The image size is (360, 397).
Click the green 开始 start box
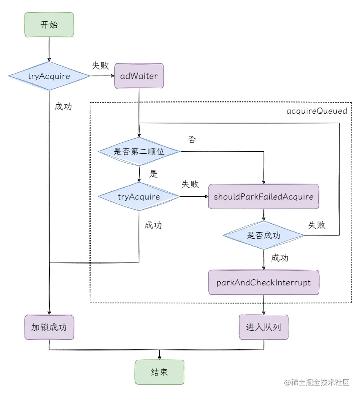(49, 25)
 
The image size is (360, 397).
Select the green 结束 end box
(159, 372)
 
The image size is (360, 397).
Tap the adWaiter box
(139, 76)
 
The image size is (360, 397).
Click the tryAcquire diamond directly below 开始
(49, 76)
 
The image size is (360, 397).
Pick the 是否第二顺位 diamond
(139, 152)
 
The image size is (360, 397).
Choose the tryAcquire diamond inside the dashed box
(139, 197)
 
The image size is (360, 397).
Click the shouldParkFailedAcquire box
(264, 197)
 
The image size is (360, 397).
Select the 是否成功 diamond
(264, 236)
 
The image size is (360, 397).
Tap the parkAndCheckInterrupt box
(264, 283)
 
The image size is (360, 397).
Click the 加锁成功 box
(49, 327)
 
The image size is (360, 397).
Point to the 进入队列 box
(264, 327)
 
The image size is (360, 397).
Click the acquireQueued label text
(317, 111)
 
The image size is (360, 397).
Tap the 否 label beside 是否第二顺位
(192, 139)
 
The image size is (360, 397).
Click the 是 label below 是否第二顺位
(153, 174)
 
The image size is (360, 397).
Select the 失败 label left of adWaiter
(100, 65)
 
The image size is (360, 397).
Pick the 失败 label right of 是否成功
(317, 225)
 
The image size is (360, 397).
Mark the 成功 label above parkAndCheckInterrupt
(280, 258)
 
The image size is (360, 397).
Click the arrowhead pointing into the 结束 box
(159, 357)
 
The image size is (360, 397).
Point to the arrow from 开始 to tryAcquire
(49, 49)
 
